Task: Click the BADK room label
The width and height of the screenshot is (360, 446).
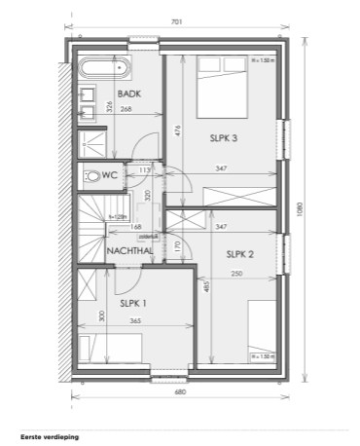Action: point(129,93)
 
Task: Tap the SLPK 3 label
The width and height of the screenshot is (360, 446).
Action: point(224,137)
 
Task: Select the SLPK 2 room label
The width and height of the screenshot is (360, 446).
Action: point(239,255)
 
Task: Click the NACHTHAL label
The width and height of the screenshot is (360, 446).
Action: point(131,250)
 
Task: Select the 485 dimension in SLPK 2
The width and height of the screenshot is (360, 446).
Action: point(206,288)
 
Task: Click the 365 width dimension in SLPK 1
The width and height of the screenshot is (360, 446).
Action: point(135,320)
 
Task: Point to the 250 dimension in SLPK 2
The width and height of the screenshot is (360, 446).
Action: point(236,274)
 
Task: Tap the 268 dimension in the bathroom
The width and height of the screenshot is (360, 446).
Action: point(126,109)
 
